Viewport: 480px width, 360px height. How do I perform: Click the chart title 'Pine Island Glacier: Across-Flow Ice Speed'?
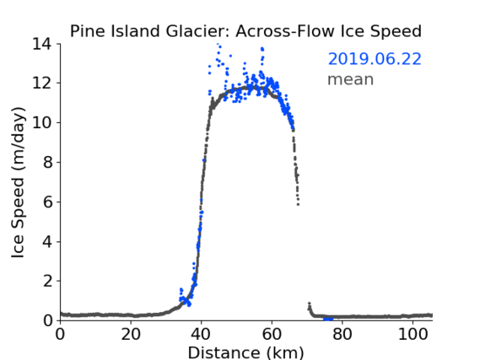245,31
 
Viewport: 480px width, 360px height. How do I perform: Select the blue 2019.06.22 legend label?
375,59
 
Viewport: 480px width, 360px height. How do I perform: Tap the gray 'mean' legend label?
351,79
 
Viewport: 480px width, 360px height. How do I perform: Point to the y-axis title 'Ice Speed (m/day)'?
18,183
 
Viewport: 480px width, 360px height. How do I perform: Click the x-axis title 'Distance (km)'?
245,352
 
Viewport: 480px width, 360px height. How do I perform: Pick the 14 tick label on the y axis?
42,45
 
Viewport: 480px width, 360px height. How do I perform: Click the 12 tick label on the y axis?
42,83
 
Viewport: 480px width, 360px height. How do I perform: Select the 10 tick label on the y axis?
42,122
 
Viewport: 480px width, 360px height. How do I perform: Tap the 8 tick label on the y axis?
47,162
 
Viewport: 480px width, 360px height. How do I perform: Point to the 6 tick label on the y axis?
47,201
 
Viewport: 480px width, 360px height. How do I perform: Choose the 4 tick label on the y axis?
47,242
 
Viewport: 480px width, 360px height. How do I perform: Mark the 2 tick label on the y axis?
47,281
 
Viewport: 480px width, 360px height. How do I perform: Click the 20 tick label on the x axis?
131,335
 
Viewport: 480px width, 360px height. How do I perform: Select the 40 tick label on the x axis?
202,335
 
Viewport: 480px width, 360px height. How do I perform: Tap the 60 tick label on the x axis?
272,335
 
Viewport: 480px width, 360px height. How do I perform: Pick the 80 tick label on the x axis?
342,335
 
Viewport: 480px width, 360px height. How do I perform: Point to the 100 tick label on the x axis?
413,335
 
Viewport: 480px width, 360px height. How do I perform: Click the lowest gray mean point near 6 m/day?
298,204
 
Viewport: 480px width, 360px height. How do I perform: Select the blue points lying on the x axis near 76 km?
328,320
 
